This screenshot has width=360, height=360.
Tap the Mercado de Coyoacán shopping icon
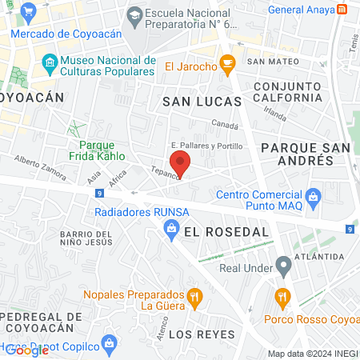30,12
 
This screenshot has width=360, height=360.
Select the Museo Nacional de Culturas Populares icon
50,62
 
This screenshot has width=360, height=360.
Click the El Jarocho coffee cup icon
227,62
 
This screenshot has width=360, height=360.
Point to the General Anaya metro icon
342,10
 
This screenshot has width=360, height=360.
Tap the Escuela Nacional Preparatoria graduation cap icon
134,14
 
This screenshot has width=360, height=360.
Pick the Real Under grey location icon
282,264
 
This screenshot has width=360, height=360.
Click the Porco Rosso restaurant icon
281,298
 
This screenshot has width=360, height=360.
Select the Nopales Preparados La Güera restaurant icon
193,299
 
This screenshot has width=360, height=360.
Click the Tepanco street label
163,172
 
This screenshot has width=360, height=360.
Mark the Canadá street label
225,124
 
